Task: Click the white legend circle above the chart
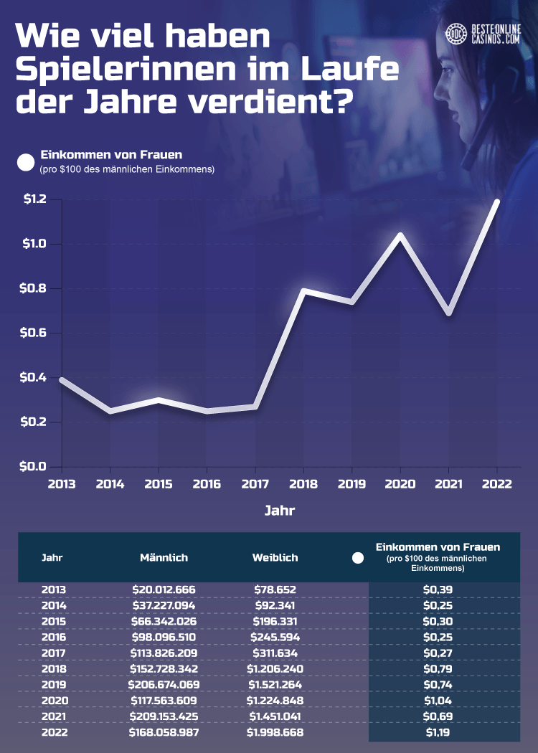click(x=26, y=163)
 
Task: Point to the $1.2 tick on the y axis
click(x=33, y=199)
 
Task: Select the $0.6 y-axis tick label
click(x=33, y=333)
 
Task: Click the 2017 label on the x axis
click(x=255, y=484)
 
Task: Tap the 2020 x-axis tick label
click(x=400, y=484)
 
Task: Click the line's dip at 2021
click(x=448, y=313)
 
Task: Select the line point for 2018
click(x=304, y=290)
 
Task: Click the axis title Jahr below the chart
click(x=279, y=511)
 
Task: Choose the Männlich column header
click(x=164, y=557)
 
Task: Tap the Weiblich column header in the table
click(x=275, y=557)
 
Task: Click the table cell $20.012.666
click(x=164, y=589)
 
